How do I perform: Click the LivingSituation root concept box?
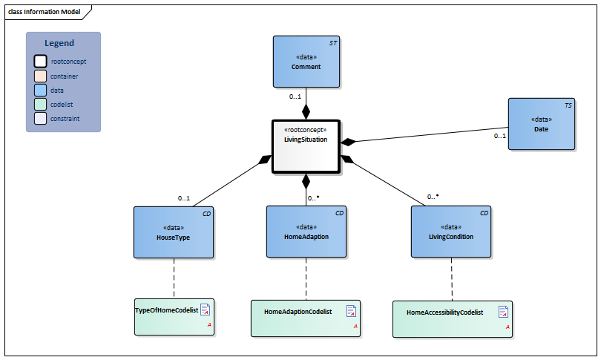coord(306,146)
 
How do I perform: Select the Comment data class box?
coord(306,62)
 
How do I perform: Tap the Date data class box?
coord(541,124)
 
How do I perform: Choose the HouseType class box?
coord(174,232)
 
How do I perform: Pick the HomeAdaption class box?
coord(306,232)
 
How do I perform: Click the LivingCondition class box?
coord(452,232)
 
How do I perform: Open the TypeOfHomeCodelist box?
coord(174,317)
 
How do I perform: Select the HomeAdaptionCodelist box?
coord(306,318)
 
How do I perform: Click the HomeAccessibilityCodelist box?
coord(452,319)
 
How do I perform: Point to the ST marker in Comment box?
coord(333,44)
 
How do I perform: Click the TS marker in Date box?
coord(568,106)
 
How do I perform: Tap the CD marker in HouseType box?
coord(206,214)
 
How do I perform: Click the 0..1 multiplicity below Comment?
coord(295,96)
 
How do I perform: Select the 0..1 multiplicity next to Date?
coord(499,136)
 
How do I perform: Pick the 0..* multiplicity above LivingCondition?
coord(433,197)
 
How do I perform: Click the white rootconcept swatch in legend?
coord(40,62)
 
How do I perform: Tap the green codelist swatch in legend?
coord(40,104)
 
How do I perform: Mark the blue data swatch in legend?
coord(40,90)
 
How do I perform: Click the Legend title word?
coord(59,43)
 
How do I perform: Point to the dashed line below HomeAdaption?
coord(306,279)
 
